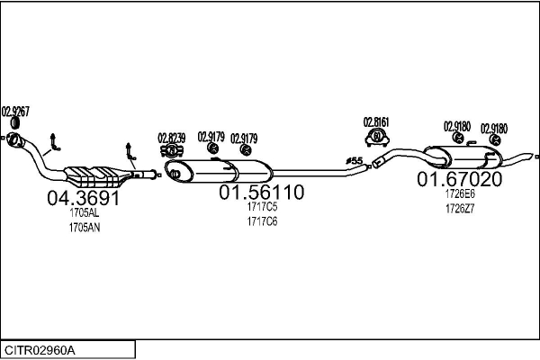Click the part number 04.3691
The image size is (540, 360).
click(x=84, y=198)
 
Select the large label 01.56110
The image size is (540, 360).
click(x=262, y=193)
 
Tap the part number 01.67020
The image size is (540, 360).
click(x=460, y=179)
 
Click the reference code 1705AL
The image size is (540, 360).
click(x=85, y=213)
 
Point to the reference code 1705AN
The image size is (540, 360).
click(x=85, y=228)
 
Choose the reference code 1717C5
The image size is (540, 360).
click(x=262, y=207)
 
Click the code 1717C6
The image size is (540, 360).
click(x=262, y=221)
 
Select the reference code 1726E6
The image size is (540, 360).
click(x=460, y=194)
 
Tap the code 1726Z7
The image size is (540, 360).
click(x=460, y=209)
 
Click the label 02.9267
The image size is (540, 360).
click(x=15, y=112)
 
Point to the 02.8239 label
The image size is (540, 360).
click(x=172, y=138)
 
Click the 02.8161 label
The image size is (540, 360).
click(x=376, y=122)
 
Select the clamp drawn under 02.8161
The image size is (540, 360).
click(x=377, y=138)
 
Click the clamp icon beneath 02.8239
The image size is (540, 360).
click(x=172, y=151)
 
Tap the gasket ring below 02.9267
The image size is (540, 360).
click(x=14, y=123)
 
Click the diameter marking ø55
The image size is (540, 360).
click(x=355, y=160)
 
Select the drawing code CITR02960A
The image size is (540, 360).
click(x=40, y=351)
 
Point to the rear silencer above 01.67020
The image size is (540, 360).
click(x=463, y=157)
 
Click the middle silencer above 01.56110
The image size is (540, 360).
click(x=219, y=171)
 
